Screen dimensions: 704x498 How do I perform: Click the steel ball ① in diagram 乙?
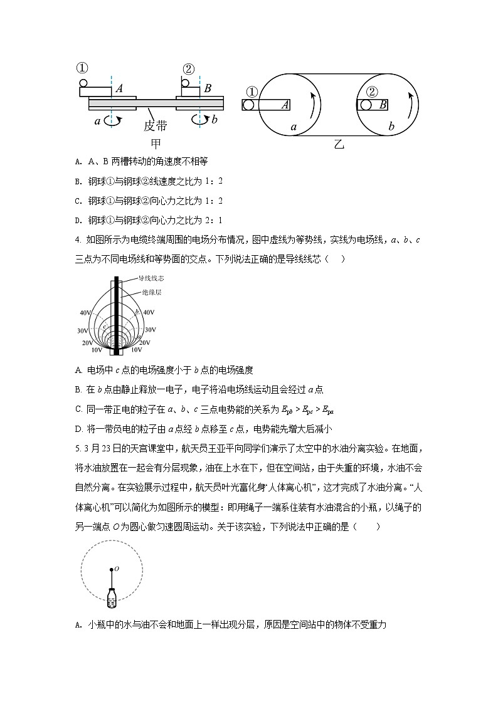pos(250,105)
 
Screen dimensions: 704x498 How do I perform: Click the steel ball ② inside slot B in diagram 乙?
pos(364,105)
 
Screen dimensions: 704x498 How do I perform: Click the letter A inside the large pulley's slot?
pos(285,105)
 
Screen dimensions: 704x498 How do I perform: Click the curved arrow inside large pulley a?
pos(314,104)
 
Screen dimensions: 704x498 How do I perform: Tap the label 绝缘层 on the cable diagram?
pos(140,292)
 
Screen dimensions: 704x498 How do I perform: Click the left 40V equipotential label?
pos(85,312)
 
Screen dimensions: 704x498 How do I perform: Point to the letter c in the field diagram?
pos(104,327)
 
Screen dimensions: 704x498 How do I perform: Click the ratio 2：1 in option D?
pos(216,221)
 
